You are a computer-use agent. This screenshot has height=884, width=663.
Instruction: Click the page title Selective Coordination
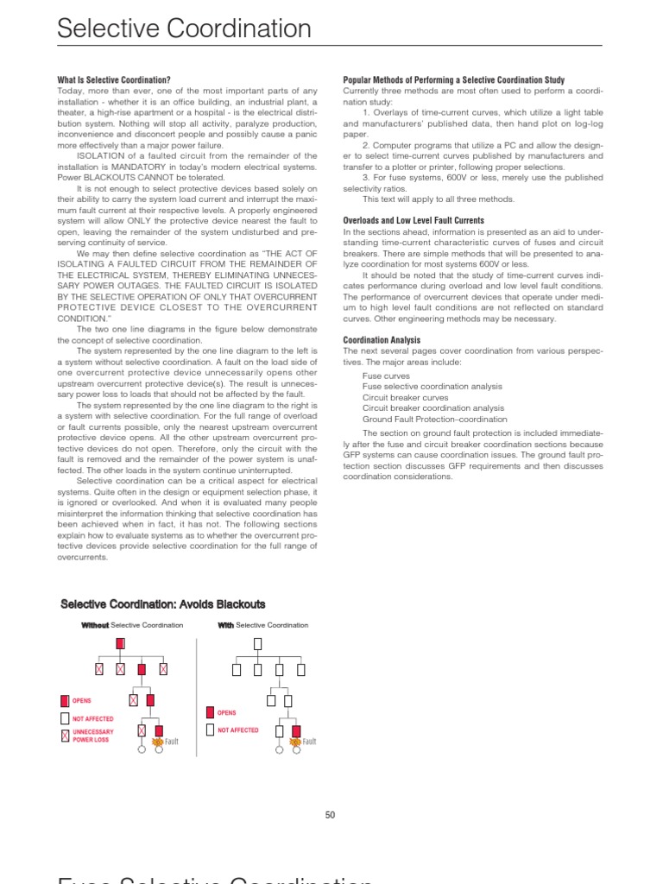184,29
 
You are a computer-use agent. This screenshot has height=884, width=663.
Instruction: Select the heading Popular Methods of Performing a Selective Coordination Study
453,80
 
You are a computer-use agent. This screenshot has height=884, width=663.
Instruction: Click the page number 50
330,815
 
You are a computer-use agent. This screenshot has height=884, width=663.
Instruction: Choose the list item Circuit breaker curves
401,397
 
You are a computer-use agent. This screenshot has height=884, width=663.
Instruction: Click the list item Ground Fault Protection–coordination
422,419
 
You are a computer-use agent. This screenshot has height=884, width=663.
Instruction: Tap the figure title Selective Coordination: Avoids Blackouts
163,603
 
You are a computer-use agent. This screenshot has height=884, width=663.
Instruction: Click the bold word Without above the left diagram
95,625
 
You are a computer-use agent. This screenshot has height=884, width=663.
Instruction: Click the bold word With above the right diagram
225,625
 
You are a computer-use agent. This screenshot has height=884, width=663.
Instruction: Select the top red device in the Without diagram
120,643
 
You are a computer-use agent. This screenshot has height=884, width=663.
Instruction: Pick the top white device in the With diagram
257,644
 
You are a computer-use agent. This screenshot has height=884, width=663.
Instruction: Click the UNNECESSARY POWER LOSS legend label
92,736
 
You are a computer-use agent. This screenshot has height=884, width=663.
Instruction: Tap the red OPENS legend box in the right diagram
210,713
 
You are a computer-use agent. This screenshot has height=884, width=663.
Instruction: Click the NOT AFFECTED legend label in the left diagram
92,718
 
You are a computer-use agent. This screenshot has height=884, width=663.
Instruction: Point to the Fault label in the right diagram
309,742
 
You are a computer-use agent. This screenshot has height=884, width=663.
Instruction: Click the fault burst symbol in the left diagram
158,741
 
